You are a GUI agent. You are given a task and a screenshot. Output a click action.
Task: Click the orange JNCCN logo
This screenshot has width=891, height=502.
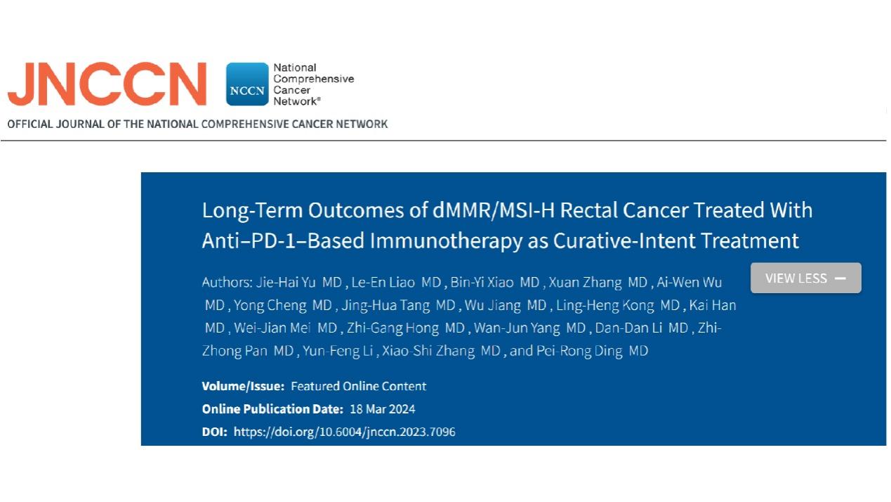107,84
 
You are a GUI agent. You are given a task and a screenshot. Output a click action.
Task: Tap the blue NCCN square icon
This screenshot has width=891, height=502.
247,84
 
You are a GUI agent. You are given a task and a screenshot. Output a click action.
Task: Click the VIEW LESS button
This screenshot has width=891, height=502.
806,278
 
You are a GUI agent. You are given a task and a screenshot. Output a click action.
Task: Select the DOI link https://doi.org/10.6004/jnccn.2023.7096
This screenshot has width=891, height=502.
345,432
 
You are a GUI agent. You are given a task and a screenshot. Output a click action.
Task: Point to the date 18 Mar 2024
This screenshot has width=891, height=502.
383,409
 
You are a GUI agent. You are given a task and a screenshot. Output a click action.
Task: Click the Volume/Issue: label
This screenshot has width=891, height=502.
243,386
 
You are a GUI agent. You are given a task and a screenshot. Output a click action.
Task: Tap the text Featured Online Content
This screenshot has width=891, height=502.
358,386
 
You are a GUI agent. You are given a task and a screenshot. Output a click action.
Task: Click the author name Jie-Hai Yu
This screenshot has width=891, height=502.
286,282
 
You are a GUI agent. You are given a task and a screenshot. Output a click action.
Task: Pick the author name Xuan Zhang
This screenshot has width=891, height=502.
585,282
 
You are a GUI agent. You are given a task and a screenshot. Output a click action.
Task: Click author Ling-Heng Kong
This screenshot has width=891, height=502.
605,305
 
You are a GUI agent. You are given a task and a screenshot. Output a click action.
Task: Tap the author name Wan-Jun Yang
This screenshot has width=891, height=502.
517,328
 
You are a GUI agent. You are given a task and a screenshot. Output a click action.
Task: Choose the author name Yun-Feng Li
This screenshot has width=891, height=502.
338,351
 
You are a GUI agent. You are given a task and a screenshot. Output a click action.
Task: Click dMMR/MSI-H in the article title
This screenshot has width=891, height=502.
494,210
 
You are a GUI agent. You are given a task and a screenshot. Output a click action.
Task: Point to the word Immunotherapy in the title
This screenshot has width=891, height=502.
446,240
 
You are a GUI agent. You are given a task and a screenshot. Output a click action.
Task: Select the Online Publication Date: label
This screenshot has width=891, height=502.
272,409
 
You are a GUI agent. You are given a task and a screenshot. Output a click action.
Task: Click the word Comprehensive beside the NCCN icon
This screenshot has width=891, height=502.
313,79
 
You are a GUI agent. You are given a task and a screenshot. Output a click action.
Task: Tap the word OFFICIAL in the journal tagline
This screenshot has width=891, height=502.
29,124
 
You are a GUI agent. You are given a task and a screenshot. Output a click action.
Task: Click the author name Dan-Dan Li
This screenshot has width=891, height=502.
628,328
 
